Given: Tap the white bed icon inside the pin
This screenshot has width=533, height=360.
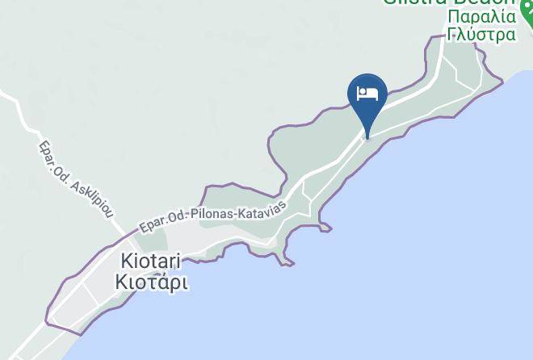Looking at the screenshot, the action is click(x=367, y=91).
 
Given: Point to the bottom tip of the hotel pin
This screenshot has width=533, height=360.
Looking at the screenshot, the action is click(x=367, y=137).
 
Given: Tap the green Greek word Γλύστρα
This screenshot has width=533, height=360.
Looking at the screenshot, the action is click(x=481, y=34).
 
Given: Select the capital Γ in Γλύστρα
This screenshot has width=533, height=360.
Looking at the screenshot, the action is click(x=452, y=34).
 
